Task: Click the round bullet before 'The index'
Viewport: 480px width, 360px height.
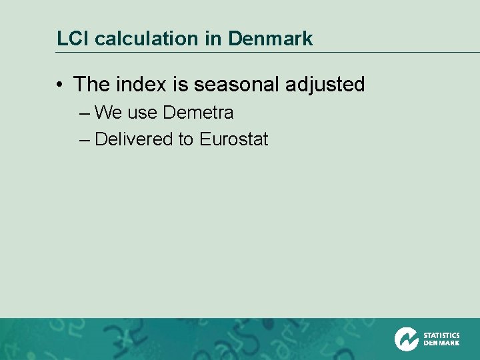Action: [x=60, y=85]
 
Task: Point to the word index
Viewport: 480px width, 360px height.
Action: [x=140, y=85]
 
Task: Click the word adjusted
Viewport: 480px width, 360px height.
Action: [x=325, y=85]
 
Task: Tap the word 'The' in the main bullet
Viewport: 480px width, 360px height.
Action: [x=92, y=85]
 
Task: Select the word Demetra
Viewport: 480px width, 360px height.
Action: [x=198, y=113]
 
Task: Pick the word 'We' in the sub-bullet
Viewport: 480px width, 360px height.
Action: [x=109, y=113]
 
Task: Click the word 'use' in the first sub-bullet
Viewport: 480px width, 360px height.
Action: [x=142, y=113]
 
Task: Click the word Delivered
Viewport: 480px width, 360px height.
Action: [x=134, y=139]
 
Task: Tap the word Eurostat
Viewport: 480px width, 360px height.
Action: [x=234, y=139]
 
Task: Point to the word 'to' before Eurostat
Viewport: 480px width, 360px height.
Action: [x=187, y=139]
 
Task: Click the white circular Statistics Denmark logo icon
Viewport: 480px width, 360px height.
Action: [x=406, y=339]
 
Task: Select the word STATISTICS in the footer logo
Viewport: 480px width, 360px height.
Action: [x=441, y=335]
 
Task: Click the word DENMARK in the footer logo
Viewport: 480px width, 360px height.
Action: [x=441, y=343]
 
